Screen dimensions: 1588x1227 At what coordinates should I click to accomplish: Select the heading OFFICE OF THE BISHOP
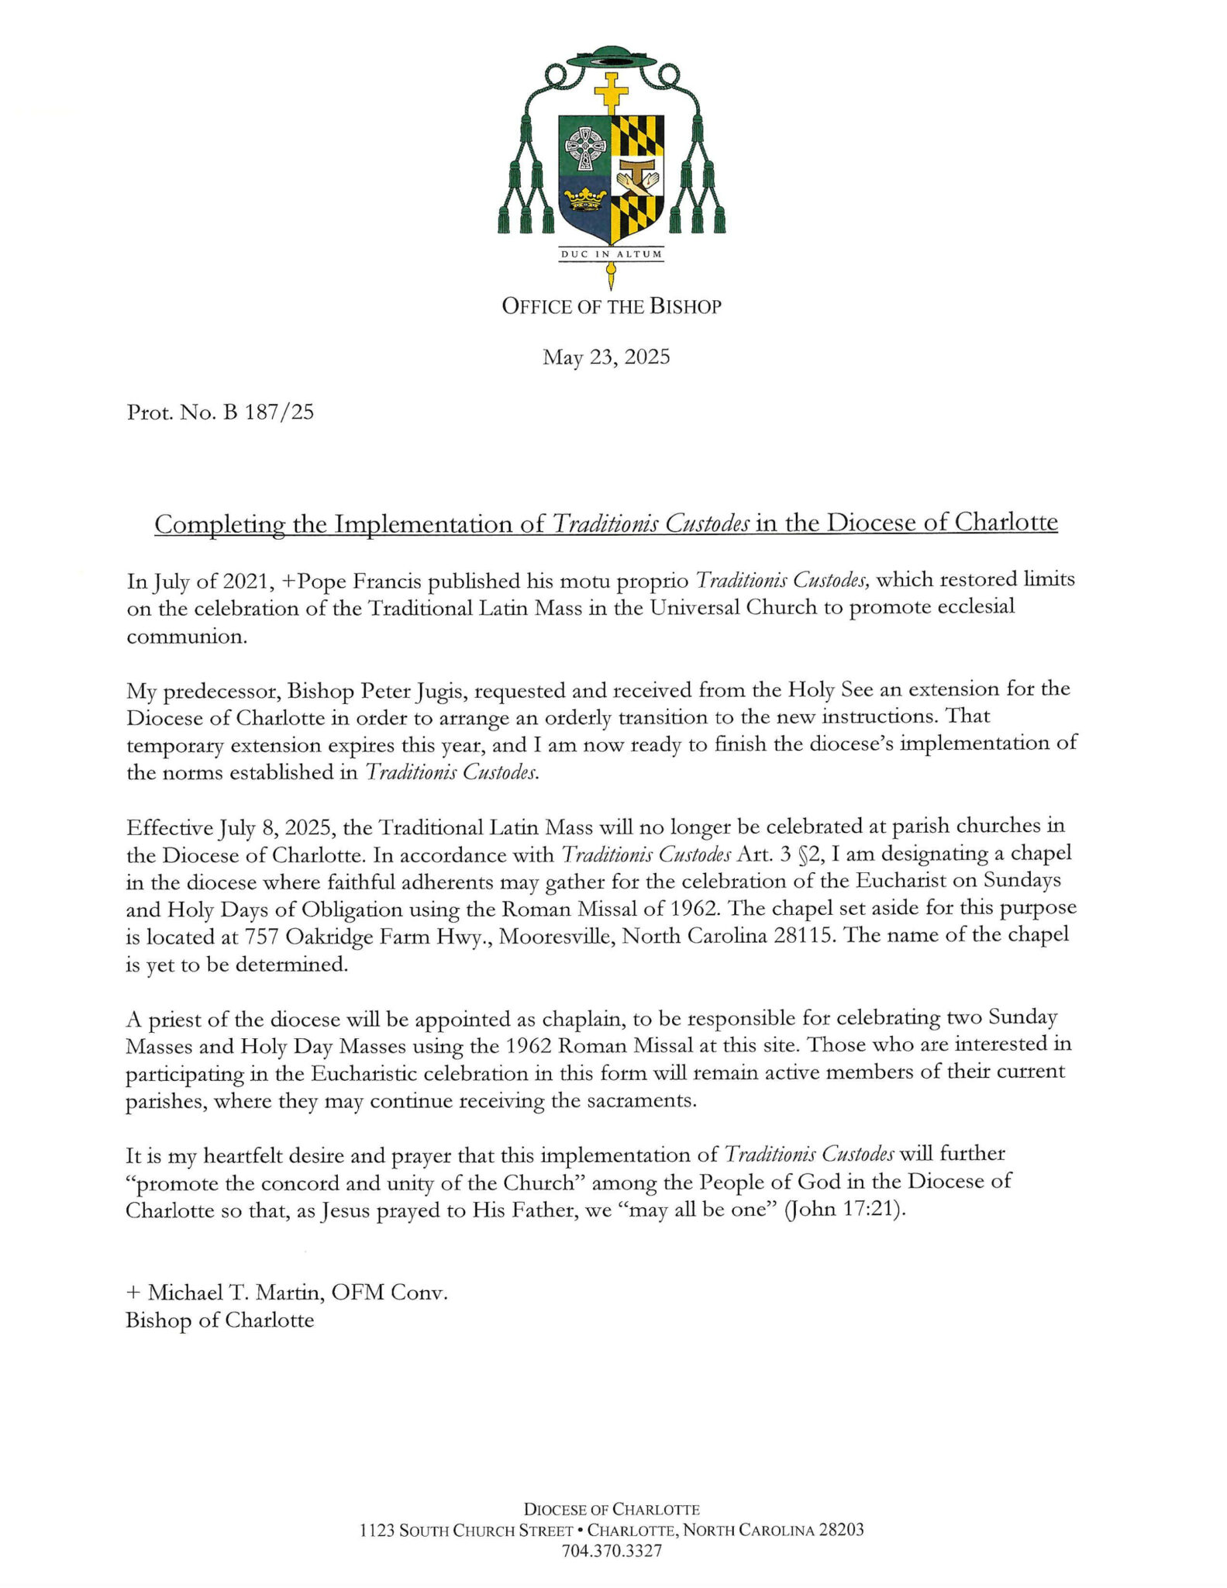coord(612,307)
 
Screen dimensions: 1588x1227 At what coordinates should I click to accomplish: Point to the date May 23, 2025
coord(606,357)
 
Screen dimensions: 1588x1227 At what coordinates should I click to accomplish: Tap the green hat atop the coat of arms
coord(612,59)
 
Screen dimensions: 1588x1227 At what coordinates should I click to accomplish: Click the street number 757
coord(262,936)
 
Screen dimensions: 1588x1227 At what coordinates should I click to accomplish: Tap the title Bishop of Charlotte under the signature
coord(220,1320)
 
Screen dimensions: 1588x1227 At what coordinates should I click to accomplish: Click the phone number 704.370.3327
coord(612,1552)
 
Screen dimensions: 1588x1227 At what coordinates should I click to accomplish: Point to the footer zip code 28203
coord(841,1531)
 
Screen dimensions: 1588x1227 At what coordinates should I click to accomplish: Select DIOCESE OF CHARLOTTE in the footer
coord(612,1510)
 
